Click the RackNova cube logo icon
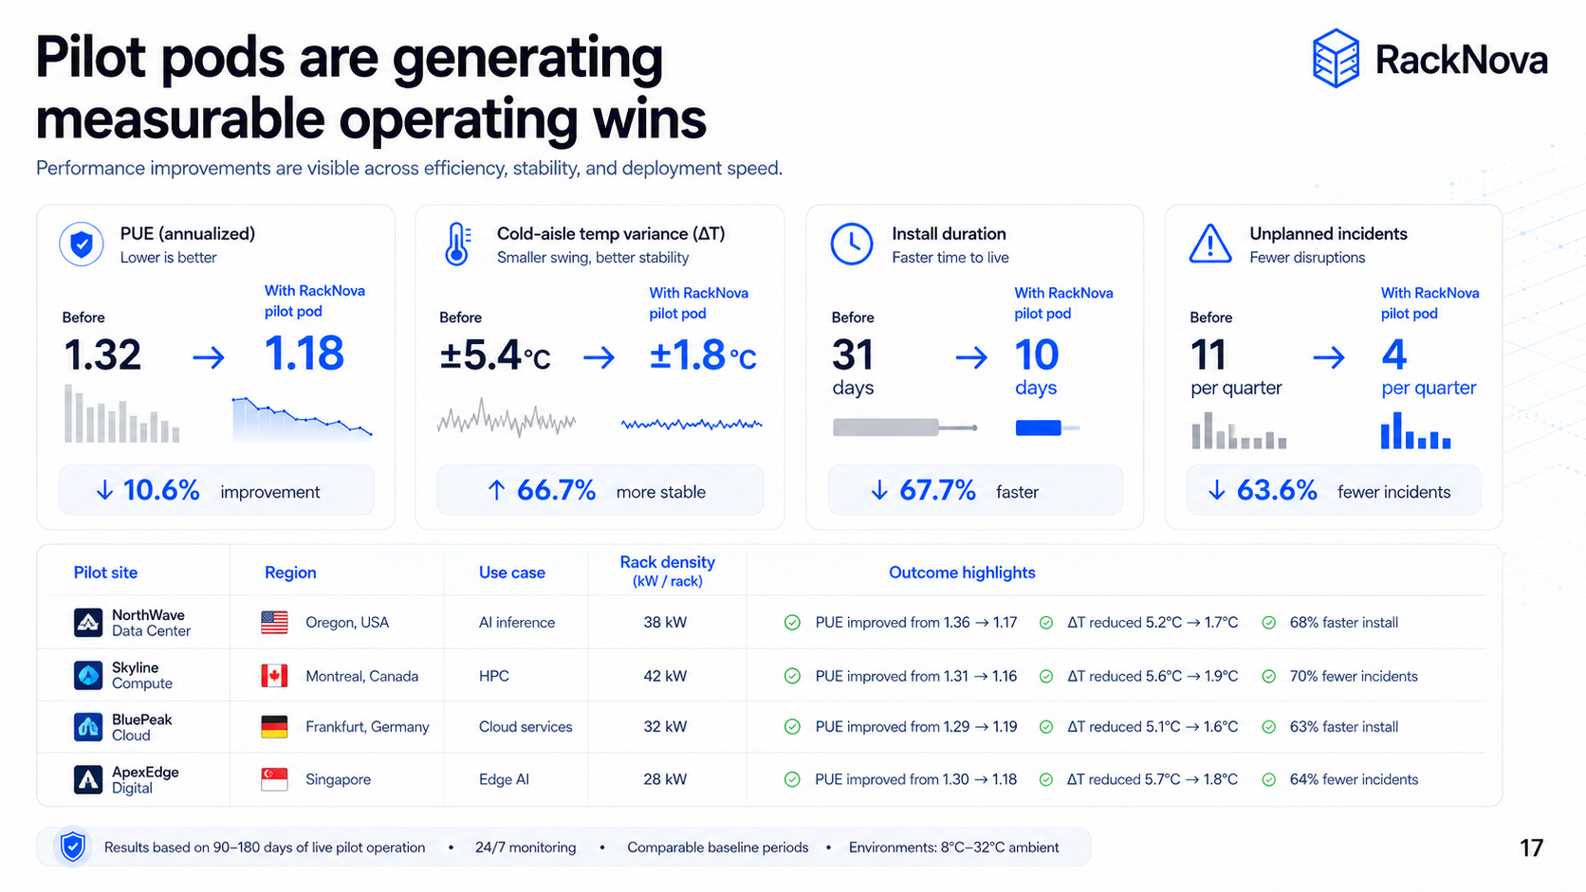1336,58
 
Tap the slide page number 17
1531,847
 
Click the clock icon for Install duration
851,244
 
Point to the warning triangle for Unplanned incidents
1210,244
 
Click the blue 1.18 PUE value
304,353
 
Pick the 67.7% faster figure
937,489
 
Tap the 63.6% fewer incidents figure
1277,489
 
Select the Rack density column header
667,571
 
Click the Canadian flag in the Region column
274,676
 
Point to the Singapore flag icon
274,779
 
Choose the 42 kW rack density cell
665,676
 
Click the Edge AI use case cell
504,779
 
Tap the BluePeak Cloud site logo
88,727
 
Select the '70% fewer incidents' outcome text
1353,676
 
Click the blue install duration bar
1038,428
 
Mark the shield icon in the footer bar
72,846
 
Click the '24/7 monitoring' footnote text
526,846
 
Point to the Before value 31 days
853,367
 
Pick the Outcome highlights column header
962,573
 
